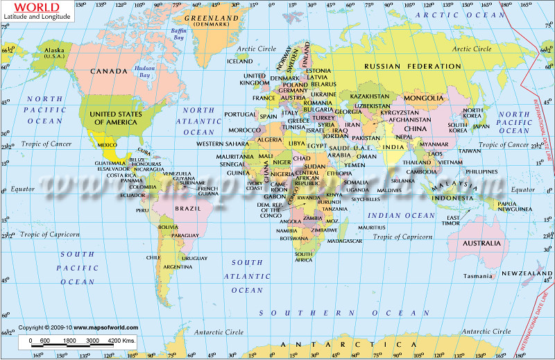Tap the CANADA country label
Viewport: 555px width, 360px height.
click(x=110, y=71)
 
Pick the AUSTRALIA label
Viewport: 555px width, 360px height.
click(x=481, y=243)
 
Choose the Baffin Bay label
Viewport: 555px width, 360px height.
click(x=178, y=34)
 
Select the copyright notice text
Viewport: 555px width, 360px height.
click(x=78, y=327)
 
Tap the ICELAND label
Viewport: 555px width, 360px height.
click(x=240, y=61)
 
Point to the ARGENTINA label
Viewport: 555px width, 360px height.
click(x=178, y=266)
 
